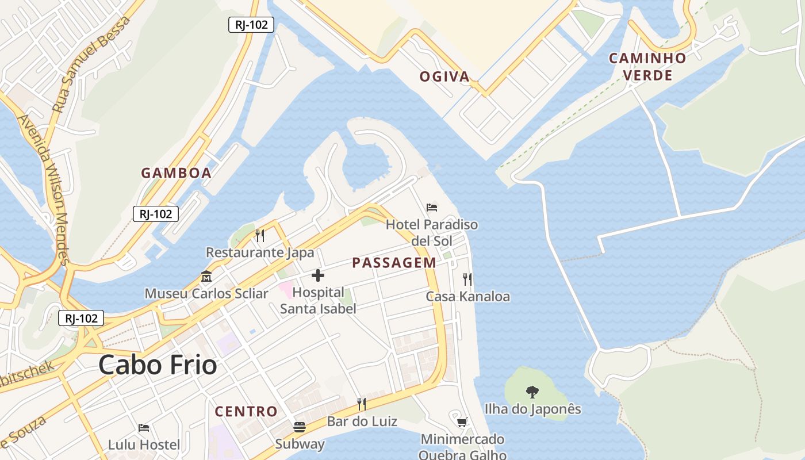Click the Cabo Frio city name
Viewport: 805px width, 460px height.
158,365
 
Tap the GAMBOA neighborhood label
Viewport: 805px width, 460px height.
177,172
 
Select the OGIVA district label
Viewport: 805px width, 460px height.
444,76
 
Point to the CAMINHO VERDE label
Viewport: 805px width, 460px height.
647,67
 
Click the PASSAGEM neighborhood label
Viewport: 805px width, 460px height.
394,263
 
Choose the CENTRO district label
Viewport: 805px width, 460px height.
246,412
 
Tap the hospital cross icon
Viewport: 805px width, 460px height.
318,275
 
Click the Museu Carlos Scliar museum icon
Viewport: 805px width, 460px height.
206,277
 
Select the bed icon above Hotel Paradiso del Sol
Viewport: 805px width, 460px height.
432,207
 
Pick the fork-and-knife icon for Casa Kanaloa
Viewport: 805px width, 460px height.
467,279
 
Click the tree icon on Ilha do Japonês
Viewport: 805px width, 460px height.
532,392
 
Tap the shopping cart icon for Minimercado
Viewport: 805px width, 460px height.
462,423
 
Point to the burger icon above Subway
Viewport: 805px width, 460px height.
300,427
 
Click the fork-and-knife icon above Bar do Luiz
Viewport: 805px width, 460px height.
362,404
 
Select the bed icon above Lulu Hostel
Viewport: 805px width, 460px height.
144,428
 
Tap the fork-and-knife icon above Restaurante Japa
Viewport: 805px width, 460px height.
260,235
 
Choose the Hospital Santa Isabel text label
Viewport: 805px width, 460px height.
318,300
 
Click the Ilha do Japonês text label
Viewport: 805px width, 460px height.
532,409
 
